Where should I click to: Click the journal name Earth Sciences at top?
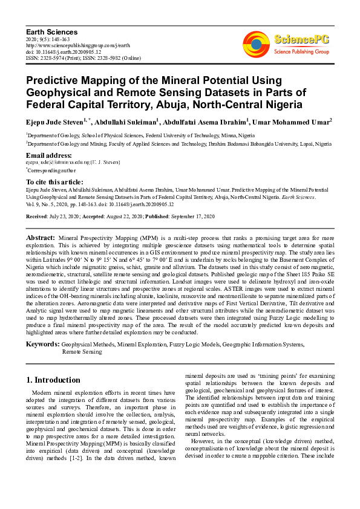tap(51, 31)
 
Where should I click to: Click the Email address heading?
tap(48, 155)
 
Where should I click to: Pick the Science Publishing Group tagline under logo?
tap(301, 52)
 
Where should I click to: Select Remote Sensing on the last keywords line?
tap(82, 351)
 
